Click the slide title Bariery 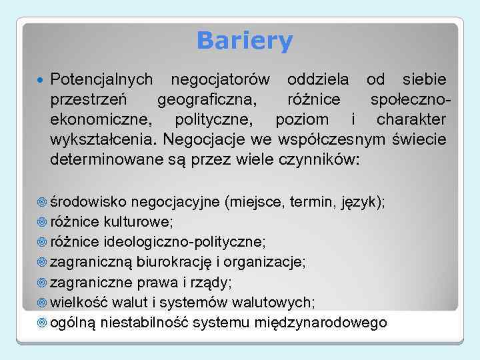[245, 41]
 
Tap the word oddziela [317, 81]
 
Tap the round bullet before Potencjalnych [41, 81]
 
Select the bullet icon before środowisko [41, 203]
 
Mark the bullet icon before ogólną [41, 323]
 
